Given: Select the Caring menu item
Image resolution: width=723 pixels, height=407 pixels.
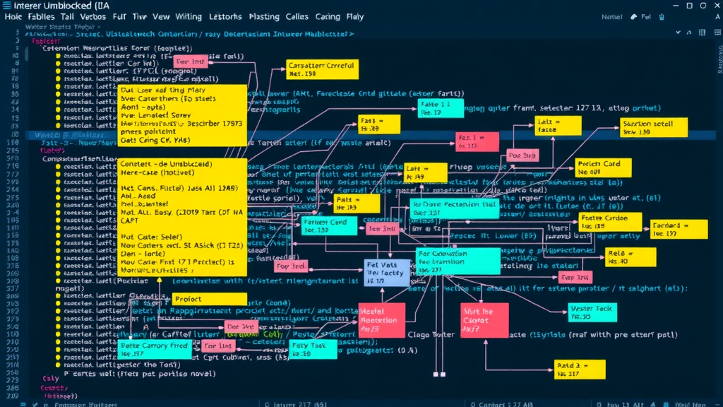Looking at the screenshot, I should (327, 17).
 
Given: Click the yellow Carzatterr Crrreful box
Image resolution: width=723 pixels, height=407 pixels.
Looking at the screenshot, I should (322, 69).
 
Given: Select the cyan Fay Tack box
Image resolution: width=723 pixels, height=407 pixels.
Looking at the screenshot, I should (308, 349).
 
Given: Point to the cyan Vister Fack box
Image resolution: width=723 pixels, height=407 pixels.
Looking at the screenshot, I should (592, 312).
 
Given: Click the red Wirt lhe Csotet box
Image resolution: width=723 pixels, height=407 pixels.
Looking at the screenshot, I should (479, 320).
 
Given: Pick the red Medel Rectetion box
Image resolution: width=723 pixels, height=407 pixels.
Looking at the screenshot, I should (381, 320).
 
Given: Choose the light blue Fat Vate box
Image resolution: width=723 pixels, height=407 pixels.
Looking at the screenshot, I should (386, 272).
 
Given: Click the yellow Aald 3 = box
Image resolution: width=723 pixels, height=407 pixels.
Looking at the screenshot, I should (580, 369).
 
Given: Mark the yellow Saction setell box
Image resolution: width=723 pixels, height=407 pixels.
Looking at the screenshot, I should (653, 127).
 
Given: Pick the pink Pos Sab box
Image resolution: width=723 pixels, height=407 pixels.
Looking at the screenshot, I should (522, 155).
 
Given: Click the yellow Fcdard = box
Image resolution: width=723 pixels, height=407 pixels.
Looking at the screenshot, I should (679, 229).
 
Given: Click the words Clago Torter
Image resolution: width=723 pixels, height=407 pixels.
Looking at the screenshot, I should (431, 335).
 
